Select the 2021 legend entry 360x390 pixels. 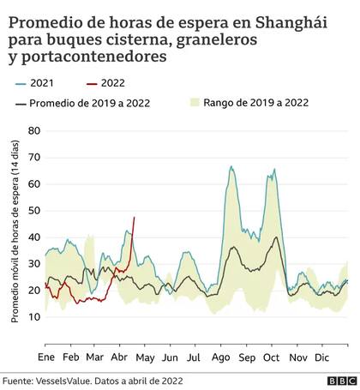pos(43,83)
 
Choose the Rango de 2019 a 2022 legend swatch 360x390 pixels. pos(195,104)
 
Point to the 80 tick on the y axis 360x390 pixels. pos(33,130)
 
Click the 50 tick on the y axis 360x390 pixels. pos(33,211)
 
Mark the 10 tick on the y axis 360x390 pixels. pos(33,318)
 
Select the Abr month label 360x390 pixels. pos(121,355)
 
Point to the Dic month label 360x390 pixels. pos(321,355)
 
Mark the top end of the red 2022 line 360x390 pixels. pos(134,217)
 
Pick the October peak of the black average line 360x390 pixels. pos(275,237)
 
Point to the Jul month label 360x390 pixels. pos(195,355)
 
